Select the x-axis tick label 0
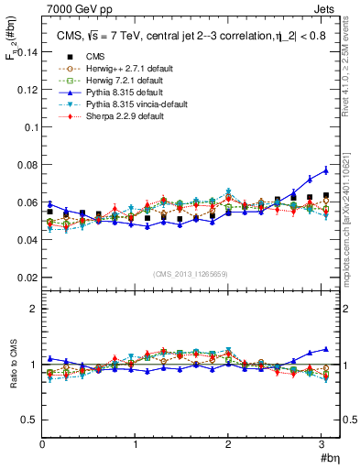(x=43, y=443)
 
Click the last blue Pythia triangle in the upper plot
(x=325, y=170)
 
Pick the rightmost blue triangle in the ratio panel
(x=325, y=349)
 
